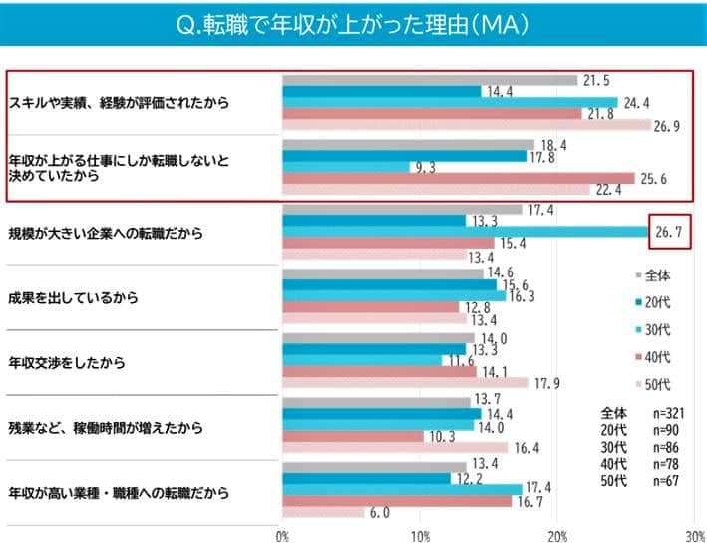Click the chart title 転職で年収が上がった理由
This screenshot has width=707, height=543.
pyautogui.click(x=353, y=23)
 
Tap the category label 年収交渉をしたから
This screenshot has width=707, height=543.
pyautogui.click(x=67, y=363)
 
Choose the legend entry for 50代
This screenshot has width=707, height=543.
pyautogui.click(x=654, y=384)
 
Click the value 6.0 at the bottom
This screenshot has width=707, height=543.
pyautogui.click(x=379, y=513)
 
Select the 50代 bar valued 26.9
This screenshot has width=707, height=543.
pyautogui.click(x=468, y=126)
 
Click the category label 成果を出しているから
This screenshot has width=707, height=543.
pyautogui.click(x=73, y=298)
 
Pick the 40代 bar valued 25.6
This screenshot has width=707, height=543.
pyautogui.click(x=459, y=178)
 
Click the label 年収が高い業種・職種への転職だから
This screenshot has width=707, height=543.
pyautogui.click(x=119, y=492)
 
